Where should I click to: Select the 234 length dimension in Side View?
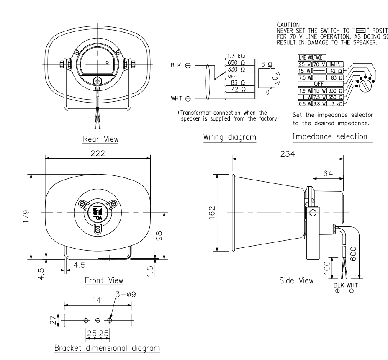click(288, 153)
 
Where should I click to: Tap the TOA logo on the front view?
click(98, 211)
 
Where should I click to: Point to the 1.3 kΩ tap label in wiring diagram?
click(235, 56)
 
